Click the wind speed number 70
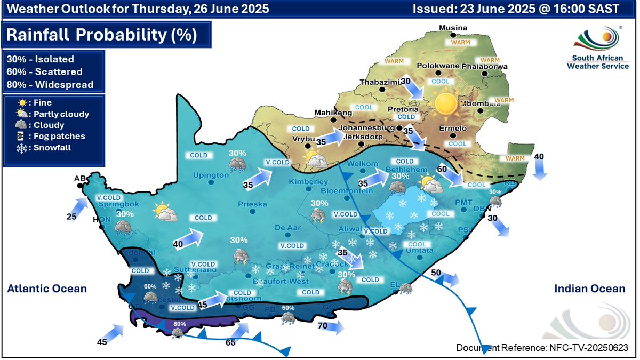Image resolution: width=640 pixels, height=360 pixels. (322, 325)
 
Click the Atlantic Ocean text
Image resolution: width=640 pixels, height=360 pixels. (46, 289)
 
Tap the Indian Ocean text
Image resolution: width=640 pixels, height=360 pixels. (589, 289)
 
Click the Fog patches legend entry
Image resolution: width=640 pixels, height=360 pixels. (45, 136)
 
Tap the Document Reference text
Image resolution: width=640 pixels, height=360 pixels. (542, 348)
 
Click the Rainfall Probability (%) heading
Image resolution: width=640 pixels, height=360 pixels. (101, 35)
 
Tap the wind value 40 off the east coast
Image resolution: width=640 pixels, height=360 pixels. (539, 157)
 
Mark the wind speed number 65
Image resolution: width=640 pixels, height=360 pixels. (230, 342)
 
